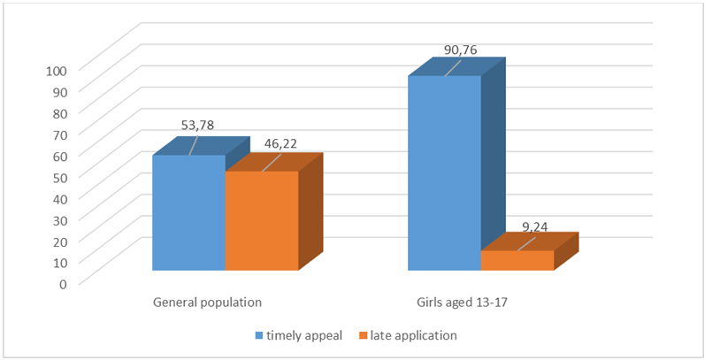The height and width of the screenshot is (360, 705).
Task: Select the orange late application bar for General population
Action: coord(262,220)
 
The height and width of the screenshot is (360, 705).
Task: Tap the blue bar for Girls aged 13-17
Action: coord(443,172)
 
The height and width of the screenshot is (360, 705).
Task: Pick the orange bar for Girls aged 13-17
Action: coord(517,260)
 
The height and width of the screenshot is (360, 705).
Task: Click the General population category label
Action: coord(208,302)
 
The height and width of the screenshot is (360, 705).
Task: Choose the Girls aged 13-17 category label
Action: coord(463,302)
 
